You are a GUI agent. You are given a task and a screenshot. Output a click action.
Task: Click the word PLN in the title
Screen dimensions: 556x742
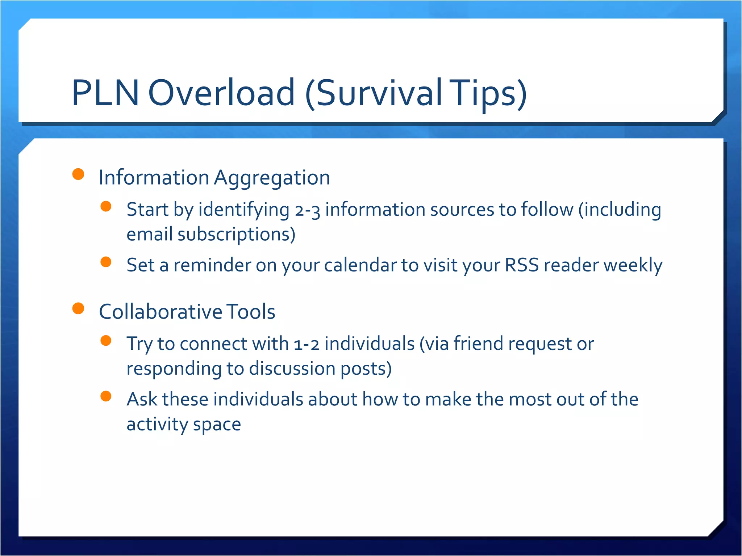pos(105,93)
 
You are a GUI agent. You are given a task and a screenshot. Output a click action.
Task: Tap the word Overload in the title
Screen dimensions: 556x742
pos(221,93)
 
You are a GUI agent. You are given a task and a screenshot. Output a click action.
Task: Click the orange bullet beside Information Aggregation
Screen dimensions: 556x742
pos(78,174)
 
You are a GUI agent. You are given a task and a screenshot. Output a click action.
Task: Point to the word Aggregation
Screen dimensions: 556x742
pos(272,178)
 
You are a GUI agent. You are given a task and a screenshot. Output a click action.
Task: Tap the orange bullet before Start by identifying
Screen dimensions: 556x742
pos(106,206)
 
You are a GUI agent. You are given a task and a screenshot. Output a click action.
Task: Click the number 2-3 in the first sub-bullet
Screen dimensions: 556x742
pos(307,210)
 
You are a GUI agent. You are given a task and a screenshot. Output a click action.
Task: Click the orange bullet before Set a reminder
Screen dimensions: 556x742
pos(106,262)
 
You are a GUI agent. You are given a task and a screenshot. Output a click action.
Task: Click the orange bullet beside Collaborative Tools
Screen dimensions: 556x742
pos(78,308)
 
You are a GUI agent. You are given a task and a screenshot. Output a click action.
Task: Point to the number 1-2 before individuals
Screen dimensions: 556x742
pos(307,344)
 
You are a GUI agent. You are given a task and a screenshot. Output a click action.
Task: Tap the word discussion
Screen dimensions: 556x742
pos(292,368)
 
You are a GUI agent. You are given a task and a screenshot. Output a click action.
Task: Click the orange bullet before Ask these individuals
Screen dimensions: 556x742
pos(106,396)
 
